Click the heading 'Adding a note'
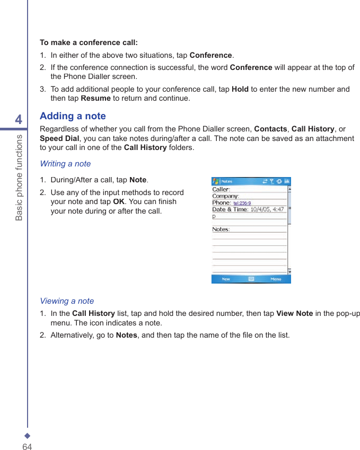(73, 116)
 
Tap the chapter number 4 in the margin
(19, 120)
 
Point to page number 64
(27, 447)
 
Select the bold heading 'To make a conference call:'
(89, 42)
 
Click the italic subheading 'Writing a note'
(65, 164)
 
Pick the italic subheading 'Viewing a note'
(67, 301)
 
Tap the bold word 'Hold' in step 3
(240, 89)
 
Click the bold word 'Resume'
(95, 98)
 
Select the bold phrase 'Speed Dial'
(59, 138)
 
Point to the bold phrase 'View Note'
(294, 313)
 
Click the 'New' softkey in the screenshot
(226, 279)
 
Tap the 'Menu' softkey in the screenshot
(276, 279)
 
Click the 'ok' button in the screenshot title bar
(287, 181)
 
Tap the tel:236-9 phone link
(242, 203)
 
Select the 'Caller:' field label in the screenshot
(221, 189)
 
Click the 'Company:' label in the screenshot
(225, 196)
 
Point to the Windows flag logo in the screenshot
(216, 181)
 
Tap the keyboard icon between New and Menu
(251, 279)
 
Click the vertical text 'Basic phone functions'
(19, 178)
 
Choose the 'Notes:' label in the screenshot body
(221, 230)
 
